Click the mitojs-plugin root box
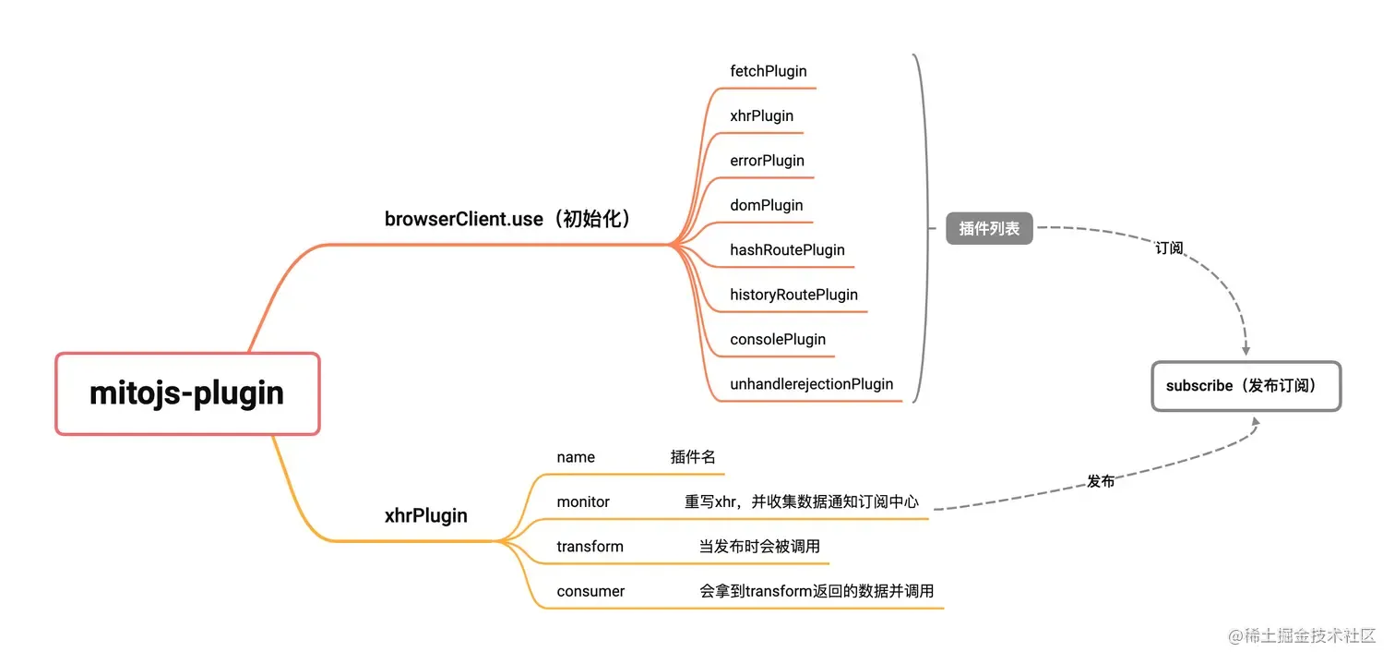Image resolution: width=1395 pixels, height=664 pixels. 187,393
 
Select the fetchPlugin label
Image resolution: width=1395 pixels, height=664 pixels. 768,71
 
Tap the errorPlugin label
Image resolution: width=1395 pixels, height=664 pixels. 767,161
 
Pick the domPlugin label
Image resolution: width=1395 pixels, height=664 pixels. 766,205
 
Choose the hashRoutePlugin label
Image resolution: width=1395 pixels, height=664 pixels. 787,250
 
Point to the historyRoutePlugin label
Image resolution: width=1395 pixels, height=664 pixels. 793,295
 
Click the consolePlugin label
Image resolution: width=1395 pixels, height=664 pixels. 777,339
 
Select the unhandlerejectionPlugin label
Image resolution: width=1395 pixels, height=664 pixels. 811,384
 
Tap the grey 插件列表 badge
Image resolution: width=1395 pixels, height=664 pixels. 989,229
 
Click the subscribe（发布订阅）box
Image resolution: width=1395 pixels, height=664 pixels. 1246,386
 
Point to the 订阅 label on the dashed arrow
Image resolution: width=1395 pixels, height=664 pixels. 1169,248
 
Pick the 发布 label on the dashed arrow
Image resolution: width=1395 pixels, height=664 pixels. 1101,481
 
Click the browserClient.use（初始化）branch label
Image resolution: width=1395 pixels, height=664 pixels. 508,220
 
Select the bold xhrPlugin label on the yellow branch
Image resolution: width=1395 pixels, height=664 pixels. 425,516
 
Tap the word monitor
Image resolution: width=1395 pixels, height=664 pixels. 583,501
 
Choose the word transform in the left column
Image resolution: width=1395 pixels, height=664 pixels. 590,547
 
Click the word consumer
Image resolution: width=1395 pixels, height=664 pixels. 590,591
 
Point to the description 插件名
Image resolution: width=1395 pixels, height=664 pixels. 693,457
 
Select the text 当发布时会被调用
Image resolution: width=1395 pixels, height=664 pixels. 759,547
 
